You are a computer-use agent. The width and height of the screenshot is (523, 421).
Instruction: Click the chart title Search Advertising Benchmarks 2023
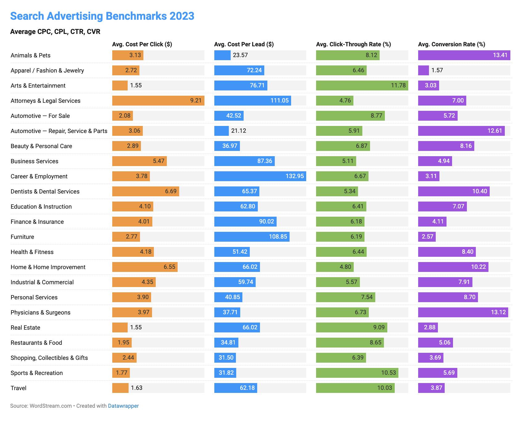point(102,16)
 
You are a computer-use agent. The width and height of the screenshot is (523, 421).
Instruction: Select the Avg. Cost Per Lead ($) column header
point(244,44)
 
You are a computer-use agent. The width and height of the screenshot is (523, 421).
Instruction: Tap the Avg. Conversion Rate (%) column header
point(451,44)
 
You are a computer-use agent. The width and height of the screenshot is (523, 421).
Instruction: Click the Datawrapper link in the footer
point(123,406)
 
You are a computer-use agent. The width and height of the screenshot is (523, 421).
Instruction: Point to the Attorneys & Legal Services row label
point(45,101)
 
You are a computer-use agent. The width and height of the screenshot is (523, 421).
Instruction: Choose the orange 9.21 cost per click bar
point(158,101)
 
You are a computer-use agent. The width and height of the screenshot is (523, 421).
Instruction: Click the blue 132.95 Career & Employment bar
point(260,176)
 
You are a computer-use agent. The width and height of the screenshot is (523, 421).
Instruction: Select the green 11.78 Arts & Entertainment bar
point(362,85)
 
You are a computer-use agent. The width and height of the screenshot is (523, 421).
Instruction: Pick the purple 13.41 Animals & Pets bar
point(464,55)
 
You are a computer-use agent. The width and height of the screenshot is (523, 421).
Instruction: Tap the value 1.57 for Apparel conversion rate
point(437,70)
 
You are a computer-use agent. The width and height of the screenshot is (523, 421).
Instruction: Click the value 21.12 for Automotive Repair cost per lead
point(239,131)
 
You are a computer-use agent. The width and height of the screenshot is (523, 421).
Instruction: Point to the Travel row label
point(19,388)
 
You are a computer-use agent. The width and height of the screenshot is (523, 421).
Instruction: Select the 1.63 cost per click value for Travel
point(137,388)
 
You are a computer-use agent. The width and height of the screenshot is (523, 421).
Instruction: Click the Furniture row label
point(22,237)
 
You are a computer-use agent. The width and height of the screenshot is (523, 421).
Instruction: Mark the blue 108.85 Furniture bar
point(252,237)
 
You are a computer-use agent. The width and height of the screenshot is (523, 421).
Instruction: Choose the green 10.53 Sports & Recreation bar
point(357,373)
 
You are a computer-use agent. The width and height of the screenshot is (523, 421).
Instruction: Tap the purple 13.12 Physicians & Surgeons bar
point(463,312)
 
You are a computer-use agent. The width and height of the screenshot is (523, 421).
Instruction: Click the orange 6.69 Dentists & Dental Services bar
point(146,191)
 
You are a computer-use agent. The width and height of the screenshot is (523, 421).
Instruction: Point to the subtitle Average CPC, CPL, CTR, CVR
point(55,31)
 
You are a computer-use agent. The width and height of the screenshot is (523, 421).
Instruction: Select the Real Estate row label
point(25,327)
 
